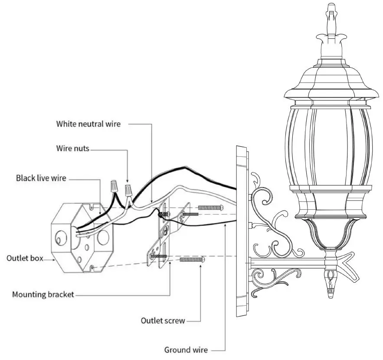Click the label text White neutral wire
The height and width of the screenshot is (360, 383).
pos(88,124)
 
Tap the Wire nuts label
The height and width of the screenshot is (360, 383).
pos(73,149)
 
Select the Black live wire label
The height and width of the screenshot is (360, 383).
pos(41,178)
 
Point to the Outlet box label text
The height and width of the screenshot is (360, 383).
pos(25,258)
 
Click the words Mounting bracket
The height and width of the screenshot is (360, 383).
pos(43,295)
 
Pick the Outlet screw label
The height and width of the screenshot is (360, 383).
pos(163,321)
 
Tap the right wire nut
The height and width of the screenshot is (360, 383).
pos(128,189)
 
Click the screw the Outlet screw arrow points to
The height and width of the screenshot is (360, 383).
pos(191,259)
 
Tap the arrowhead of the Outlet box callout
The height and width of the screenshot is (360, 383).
pos(54,259)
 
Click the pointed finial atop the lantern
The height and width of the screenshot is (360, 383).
pos(331,17)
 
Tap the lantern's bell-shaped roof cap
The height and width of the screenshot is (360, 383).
pos(331,83)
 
